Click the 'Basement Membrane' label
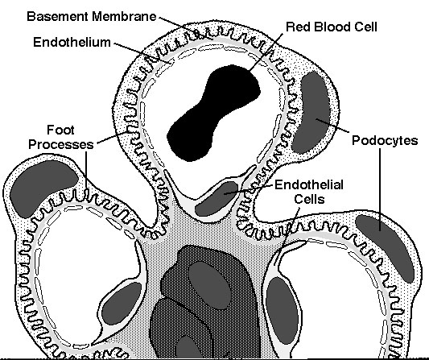(92, 16)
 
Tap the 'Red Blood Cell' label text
(332, 27)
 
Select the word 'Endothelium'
(72, 42)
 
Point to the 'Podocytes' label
(385, 140)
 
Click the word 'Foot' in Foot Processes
(60, 130)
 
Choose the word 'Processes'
(61, 144)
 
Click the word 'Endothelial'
(309, 184)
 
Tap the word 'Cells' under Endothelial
(309, 199)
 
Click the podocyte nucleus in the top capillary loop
(310, 112)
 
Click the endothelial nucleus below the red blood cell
(217, 198)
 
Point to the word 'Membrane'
(124, 16)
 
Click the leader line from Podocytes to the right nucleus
(380, 189)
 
